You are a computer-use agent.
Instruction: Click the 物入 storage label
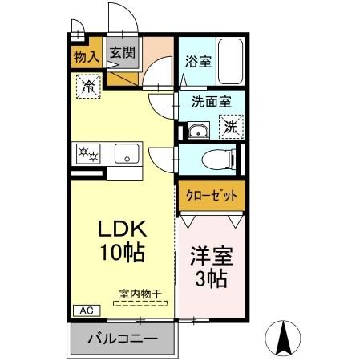[x=86, y=56]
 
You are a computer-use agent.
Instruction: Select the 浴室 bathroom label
[x=197, y=60]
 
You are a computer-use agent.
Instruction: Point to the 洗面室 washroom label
[x=211, y=102]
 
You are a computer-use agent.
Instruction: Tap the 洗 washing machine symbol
[x=231, y=127]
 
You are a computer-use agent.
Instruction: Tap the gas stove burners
[x=87, y=153]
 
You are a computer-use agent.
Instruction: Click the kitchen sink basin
[x=127, y=152]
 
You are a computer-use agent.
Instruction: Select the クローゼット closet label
[x=211, y=195]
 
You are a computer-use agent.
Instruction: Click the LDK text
[x=122, y=229]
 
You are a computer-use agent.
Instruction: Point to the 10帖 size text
[x=122, y=254]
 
